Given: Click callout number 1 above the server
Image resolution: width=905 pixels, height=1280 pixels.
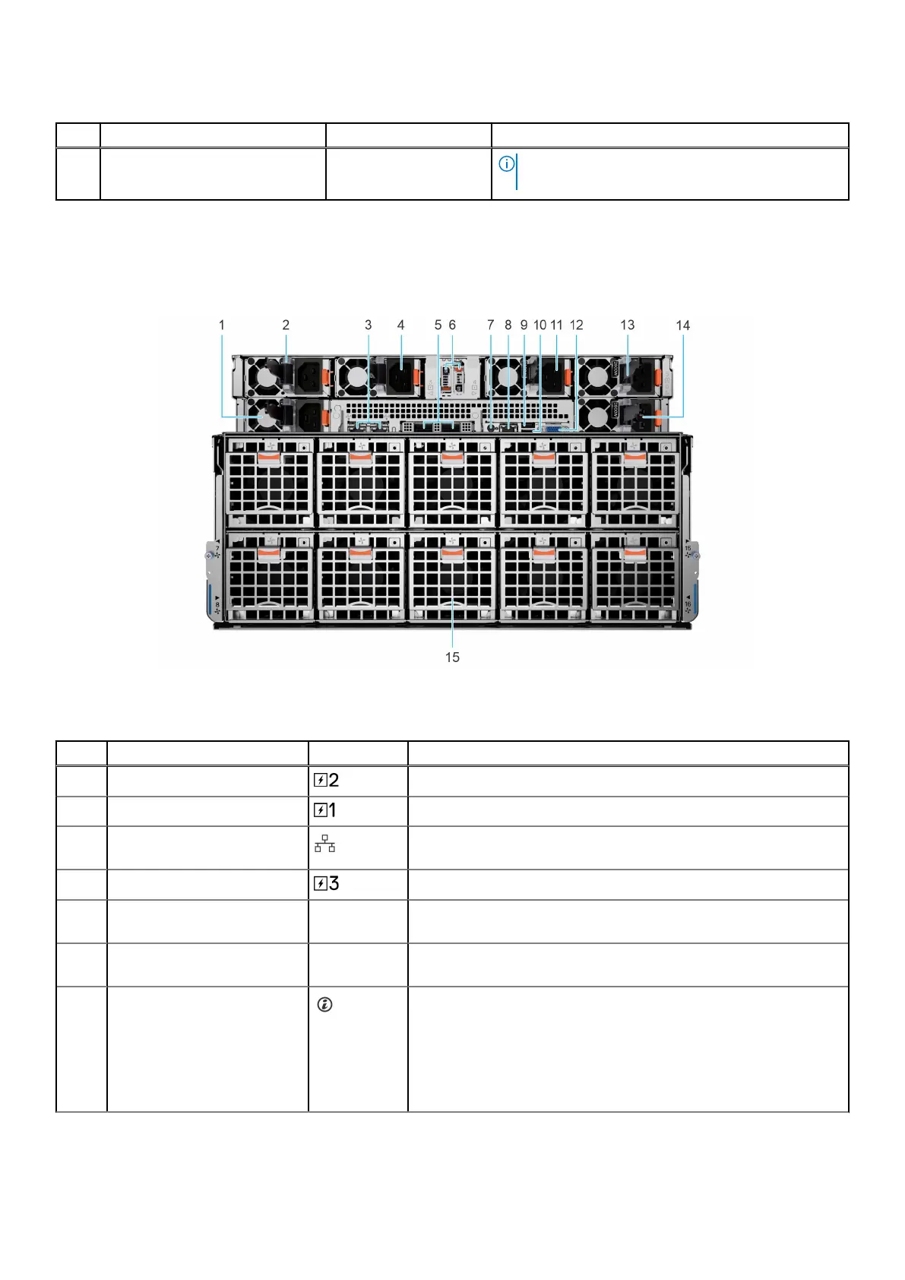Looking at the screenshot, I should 222,325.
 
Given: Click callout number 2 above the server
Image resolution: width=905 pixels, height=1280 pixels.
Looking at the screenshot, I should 286,325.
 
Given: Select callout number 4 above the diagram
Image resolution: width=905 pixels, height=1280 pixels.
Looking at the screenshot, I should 401,325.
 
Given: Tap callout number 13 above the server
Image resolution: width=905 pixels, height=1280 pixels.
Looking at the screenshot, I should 627,325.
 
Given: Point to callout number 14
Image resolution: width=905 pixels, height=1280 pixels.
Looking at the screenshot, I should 683,325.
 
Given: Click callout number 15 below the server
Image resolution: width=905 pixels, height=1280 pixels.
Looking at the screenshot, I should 452,657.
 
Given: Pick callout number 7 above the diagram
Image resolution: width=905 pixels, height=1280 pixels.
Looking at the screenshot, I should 491,325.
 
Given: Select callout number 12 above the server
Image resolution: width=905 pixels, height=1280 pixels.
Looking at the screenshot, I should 577,325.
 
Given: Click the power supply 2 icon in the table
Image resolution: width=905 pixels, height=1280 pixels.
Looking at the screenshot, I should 326,780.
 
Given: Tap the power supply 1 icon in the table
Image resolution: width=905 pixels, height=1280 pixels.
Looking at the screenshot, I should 324,810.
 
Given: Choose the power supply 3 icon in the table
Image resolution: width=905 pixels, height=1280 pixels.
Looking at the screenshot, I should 326,883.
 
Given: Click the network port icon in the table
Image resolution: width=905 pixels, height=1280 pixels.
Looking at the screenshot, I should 325,844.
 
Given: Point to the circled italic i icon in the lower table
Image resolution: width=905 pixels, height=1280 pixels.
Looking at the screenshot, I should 324,1005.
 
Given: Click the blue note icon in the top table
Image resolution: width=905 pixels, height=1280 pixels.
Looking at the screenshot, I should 506,164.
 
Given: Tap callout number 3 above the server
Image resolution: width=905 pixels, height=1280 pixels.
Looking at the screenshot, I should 369,325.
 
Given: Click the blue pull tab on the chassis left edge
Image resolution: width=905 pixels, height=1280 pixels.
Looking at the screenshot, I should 208,600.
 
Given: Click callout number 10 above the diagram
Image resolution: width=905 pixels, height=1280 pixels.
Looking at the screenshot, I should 540,325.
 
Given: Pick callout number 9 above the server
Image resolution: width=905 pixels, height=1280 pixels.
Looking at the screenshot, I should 524,325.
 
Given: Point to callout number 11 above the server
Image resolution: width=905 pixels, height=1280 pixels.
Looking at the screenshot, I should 556,325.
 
